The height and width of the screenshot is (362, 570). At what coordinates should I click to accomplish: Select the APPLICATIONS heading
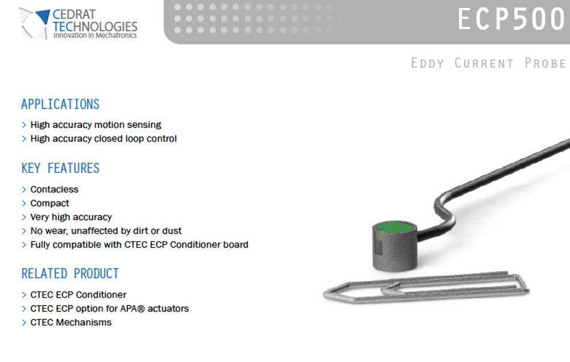pyautogui.click(x=60, y=104)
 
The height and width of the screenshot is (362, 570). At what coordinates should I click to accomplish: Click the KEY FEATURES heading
pyautogui.click(x=60, y=168)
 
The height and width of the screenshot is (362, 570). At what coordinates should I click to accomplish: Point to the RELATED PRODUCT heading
pyautogui.click(x=70, y=274)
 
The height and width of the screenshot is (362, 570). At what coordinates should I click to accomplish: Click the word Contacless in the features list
pyautogui.click(x=54, y=190)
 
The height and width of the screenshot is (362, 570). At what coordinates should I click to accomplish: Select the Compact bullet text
pyautogui.click(x=49, y=203)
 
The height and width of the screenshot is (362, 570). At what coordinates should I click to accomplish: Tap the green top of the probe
pyautogui.click(x=395, y=227)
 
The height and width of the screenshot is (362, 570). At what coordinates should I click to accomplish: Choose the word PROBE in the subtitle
pyautogui.click(x=546, y=63)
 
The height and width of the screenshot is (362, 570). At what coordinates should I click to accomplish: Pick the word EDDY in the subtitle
pyautogui.click(x=427, y=63)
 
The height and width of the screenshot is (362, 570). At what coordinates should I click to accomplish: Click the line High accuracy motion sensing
pyautogui.click(x=96, y=125)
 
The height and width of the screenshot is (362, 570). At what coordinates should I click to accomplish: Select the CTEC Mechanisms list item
pyautogui.click(x=71, y=323)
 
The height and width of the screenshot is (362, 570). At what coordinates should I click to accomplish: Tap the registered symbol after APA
pyautogui.click(x=141, y=309)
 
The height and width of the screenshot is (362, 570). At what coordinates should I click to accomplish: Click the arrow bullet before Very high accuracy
pyautogui.click(x=24, y=217)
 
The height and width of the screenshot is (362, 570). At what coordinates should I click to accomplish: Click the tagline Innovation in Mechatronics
pyautogui.click(x=95, y=35)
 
